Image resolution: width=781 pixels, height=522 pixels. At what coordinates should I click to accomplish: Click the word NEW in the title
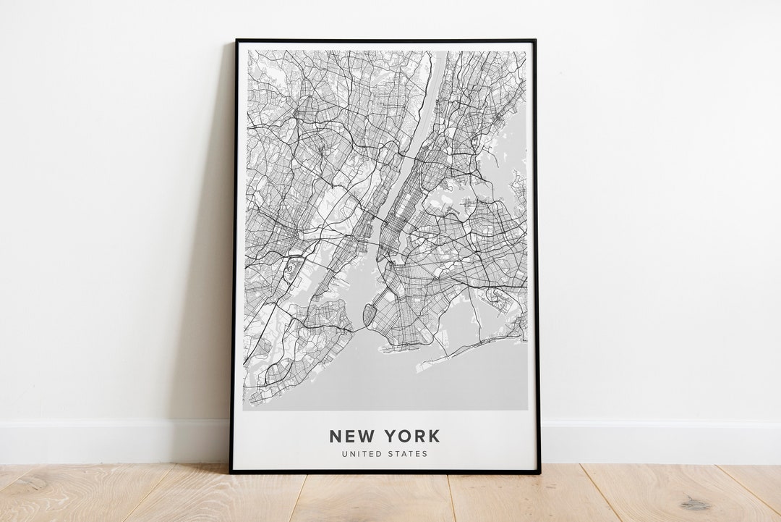353,436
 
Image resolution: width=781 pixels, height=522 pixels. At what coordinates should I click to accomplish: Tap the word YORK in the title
412,436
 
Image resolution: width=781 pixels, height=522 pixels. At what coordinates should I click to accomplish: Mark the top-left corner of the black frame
236,41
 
